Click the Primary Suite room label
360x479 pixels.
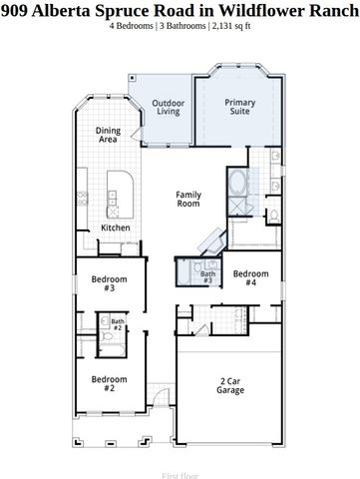click(x=240, y=108)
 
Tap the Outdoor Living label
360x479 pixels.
click(x=168, y=108)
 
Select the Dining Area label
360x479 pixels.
click(x=108, y=135)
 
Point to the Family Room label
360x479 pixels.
click(x=189, y=199)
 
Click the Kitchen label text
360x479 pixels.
click(x=116, y=229)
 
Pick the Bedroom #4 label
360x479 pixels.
click(x=251, y=278)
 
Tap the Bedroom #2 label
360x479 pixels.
click(x=109, y=383)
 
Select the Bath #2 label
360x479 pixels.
click(x=117, y=324)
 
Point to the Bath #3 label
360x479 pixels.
click(x=207, y=276)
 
